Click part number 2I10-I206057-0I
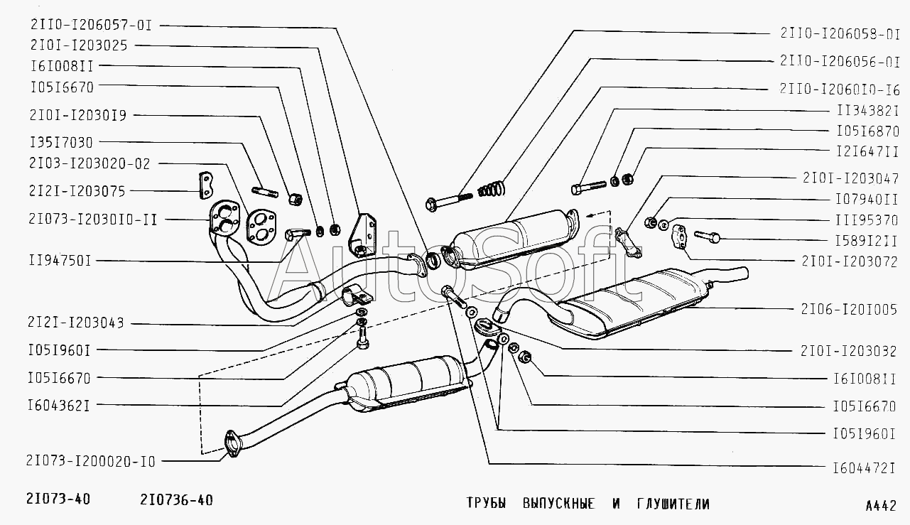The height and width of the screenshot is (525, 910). point(91,24)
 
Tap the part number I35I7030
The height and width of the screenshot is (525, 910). point(61,143)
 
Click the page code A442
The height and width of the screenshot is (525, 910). point(881,506)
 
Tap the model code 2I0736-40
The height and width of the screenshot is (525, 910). point(172,500)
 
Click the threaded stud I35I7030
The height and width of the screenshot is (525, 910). point(264,193)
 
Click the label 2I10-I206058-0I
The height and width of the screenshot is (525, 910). point(840,33)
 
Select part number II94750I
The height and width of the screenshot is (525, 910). point(60,261)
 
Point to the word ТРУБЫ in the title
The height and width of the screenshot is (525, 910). point(486,504)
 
